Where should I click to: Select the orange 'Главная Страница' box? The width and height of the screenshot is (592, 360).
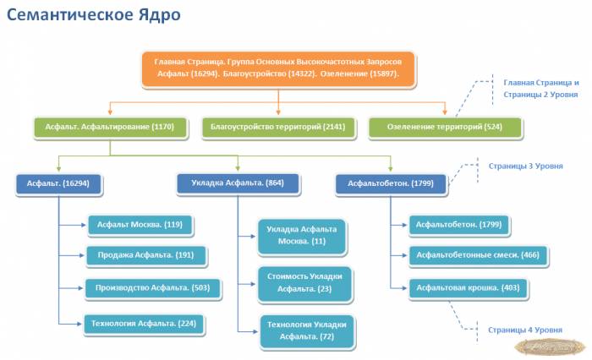click(278, 68)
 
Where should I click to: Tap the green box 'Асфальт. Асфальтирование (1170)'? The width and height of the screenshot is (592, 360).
click(110, 128)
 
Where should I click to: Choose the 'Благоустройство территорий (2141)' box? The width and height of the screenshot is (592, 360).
click(279, 128)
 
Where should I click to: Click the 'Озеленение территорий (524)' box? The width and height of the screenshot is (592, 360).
click(445, 128)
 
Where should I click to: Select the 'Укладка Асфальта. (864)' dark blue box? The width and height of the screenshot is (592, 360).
click(238, 183)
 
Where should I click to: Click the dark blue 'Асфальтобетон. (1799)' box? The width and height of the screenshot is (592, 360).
click(391, 183)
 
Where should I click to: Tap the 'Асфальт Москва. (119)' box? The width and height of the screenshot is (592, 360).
click(140, 225)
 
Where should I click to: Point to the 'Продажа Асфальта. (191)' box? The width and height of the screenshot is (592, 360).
click(145, 255)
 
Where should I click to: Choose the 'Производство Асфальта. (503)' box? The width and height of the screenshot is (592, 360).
click(152, 287)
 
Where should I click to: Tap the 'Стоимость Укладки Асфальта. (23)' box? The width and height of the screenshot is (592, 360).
click(305, 282)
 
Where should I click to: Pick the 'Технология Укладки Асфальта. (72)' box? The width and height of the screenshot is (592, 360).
click(307, 330)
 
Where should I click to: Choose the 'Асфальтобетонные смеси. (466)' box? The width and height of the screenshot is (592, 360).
click(478, 255)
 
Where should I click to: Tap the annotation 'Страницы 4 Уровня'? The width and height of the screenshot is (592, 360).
click(524, 330)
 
